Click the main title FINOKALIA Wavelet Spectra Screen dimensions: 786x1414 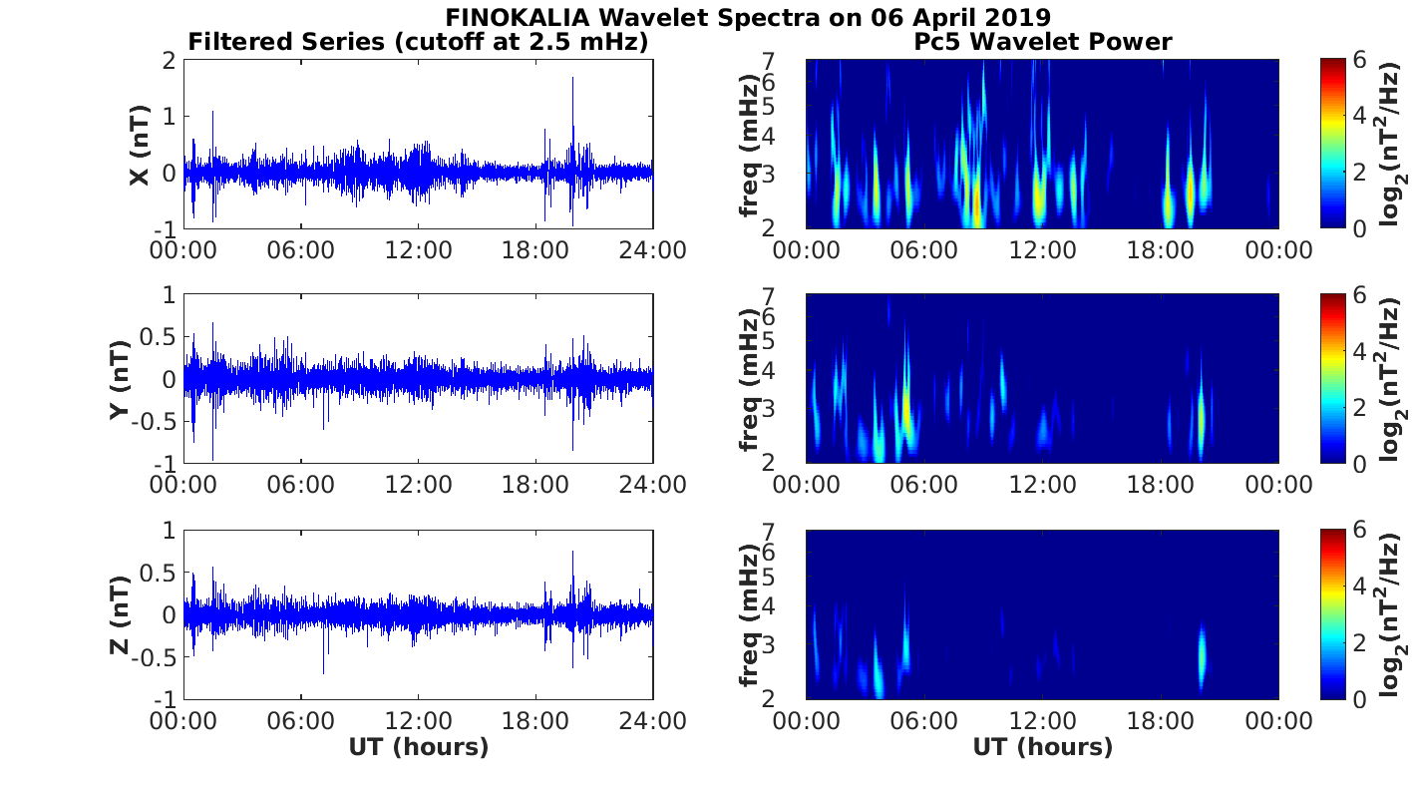(748, 17)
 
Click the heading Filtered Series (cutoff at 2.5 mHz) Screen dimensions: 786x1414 (419, 42)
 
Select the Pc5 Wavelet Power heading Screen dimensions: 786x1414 (1042, 42)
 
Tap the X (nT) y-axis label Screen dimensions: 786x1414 (140, 145)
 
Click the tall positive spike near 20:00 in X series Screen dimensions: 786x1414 (572, 80)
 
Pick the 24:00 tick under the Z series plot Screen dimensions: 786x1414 (653, 719)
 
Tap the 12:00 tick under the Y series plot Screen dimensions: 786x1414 (419, 485)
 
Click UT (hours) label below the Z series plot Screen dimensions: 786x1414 (419, 747)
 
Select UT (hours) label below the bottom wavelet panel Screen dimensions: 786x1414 (1042, 747)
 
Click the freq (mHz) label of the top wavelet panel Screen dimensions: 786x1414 (750, 145)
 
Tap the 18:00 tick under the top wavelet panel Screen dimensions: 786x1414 (1161, 249)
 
